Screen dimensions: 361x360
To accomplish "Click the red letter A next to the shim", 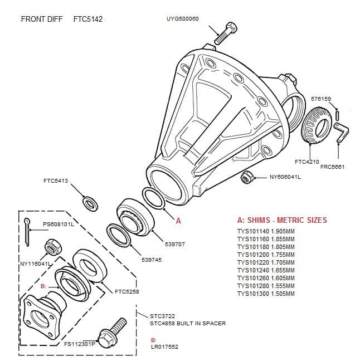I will tap(178, 221).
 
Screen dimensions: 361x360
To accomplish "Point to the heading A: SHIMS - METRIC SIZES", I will tap(282, 220).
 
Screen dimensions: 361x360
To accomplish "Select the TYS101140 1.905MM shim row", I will tap(265, 232).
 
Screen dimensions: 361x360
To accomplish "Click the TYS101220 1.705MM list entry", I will tap(265, 262).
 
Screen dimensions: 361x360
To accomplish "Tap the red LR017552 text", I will tap(164, 347).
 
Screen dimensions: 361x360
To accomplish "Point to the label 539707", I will tap(175, 244).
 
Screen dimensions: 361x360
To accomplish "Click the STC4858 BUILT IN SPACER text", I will tap(187, 323).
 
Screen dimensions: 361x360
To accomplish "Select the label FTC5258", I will tap(127, 291).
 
